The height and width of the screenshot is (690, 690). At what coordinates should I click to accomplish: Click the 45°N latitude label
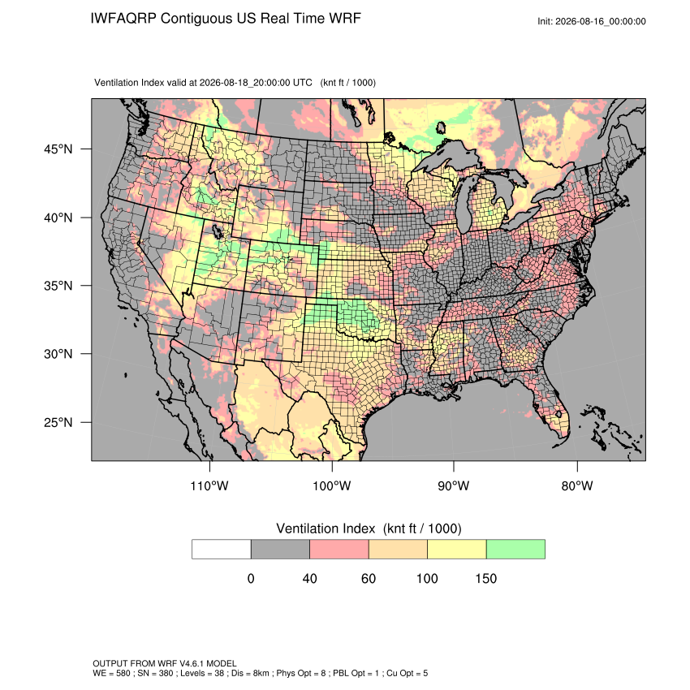pyautogui.click(x=58, y=149)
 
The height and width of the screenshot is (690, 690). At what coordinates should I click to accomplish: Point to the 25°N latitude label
pyautogui.click(x=58, y=422)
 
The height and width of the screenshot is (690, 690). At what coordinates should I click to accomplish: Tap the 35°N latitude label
pyautogui.click(x=58, y=286)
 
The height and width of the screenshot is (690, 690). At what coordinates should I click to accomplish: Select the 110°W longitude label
pyautogui.click(x=209, y=485)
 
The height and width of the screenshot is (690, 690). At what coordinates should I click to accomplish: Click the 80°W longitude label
pyautogui.click(x=577, y=485)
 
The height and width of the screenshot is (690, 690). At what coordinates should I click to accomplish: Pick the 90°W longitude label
pyautogui.click(x=453, y=485)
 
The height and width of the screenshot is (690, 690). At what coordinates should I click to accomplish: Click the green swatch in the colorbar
pyautogui.click(x=515, y=550)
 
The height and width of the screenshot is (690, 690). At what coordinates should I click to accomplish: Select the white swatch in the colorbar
pyautogui.click(x=222, y=550)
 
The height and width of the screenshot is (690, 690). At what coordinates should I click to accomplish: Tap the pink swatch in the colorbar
pyautogui.click(x=339, y=550)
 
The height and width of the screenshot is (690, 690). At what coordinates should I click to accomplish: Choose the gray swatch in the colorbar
pyautogui.click(x=280, y=550)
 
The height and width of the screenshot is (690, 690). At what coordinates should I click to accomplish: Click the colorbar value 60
pyautogui.click(x=369, y=578)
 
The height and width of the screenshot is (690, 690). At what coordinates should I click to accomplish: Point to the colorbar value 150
pyautogui.click(x=485, y=578)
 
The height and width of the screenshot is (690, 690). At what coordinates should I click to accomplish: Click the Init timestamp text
pyautogui.click(x=592, y=21)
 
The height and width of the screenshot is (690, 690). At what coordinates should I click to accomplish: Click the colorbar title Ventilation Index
pyautogui.click(x=326, y=528)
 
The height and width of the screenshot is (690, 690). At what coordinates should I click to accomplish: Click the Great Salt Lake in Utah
pyautogui.click(x=217, y=231)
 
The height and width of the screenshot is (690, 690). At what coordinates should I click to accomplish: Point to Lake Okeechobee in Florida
pyautogui.click(x=558, y=414)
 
